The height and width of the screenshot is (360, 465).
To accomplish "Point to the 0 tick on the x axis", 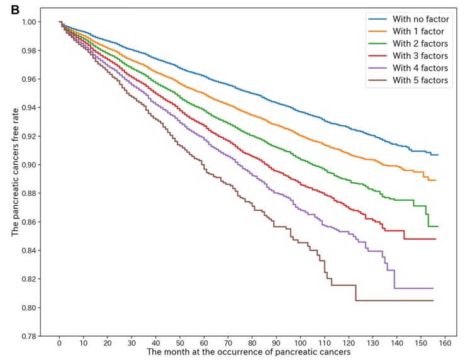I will pyautogui.click(x=59, y=345).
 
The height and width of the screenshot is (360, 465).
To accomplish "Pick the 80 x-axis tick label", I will pyautogui.click(x=252, y=345).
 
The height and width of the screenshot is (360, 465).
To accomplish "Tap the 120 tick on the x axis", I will pyautogui.click(x=349, y=345).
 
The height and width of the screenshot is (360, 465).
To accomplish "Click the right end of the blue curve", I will pyautogui.click(x=438, y=155).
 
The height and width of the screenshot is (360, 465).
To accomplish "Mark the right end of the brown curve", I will pyautogui.click(x=433, y=300).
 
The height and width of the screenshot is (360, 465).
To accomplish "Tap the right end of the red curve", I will pyautogui.click(x=435, y=239).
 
